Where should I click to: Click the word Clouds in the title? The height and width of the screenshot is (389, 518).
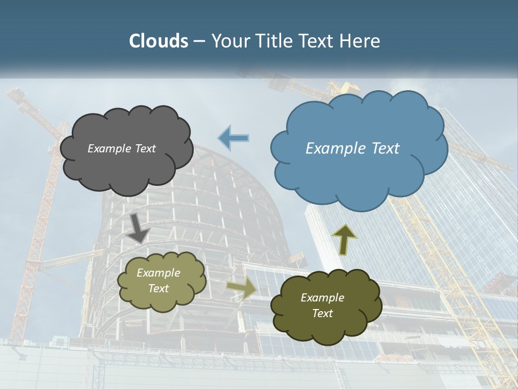click(158, 41)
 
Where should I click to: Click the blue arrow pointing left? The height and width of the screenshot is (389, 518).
click(234, 138)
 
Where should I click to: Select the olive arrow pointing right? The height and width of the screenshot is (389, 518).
click(241, 289)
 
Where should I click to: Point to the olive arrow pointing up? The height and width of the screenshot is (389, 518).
click(344, 239)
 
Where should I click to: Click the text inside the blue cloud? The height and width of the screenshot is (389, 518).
click(352, 149)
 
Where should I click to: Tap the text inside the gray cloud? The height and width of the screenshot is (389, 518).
click(121, 149)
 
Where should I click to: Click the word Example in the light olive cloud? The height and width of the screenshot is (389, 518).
click(158, 273)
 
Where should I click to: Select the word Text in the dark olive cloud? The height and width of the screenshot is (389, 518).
click(322, 313)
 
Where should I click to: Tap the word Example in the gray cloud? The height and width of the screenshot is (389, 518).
click(109, 149)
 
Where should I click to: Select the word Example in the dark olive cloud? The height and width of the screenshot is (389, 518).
click(322, 298)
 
